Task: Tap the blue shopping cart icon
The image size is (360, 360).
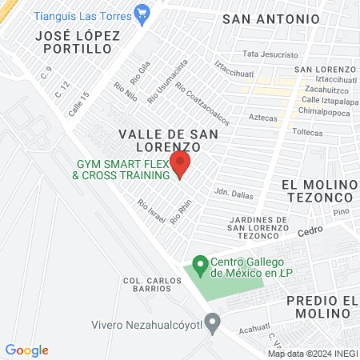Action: pyautogui.click(x=143, y=11)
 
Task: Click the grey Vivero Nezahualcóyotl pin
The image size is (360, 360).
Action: pyautogui.click(x=212, y=323)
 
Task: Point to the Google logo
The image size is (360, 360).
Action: pyautogui.click(x=27, y=350)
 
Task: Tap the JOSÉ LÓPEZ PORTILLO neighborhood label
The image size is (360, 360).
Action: pyautogui.click(x=78, y=42)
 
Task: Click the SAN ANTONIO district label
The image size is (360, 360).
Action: pyautogui.click(x=270, y=18)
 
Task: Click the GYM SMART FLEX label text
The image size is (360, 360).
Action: pyautogui.click(x=122, y=170)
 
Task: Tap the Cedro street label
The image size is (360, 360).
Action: pyautogui.click(x=309, y=230)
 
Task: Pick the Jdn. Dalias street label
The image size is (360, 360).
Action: pyautogui.click(x=234, y=191)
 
